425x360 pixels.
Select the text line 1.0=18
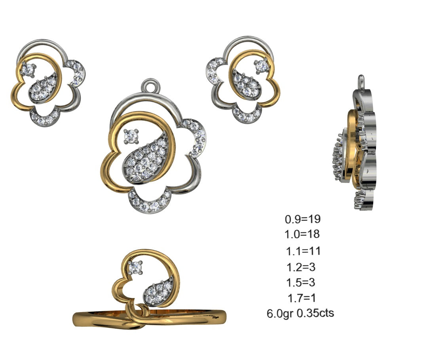(x=302, y=234)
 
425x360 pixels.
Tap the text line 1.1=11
(x=303, y=251)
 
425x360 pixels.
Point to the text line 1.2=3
(x=300, y=267)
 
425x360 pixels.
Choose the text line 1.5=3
(x=300, y=283)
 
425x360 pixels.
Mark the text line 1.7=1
(x=301, y=297)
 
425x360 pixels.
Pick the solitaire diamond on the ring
(x=136, y=267)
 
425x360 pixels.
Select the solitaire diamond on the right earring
(x=261, y=66)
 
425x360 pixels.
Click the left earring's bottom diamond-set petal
(x=44, y=117)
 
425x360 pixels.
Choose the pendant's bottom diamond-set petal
(x=150, y=202)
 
